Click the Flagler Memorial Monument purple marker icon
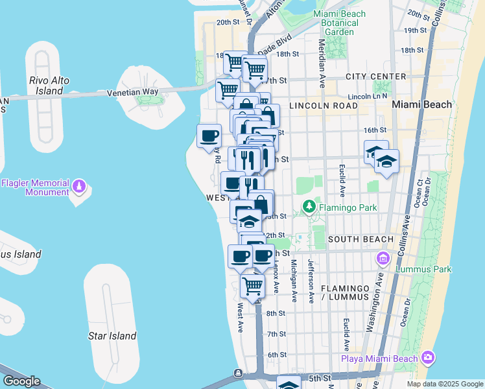coord(79,186)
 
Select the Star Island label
coord(112,336)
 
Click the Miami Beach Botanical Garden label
coord(339,23)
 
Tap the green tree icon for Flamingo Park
coord(309,207)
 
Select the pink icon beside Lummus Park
coord(383,259)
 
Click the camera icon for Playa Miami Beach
coord(427,357)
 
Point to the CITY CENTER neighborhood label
coord(375,77)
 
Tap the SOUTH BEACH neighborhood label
coord(361,239)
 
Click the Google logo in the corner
coord(21,381)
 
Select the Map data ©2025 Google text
coord(444,384)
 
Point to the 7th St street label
coord(276,334)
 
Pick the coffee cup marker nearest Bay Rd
coord(209,136)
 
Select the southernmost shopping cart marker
coord(252,285)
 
